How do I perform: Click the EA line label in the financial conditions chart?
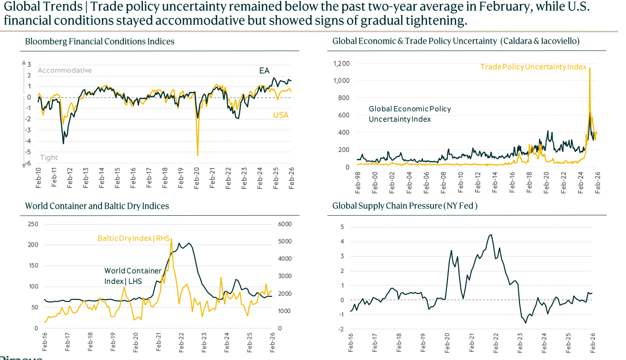coord(265,71)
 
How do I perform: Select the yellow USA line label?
coord(281,115)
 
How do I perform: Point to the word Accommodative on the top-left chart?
coord(65,70)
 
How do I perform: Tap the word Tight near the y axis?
coord(49,157)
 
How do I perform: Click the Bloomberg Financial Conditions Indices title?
coord(100,41)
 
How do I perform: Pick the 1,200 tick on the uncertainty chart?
coord(341,63)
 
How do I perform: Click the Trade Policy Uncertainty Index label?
coord(533,67)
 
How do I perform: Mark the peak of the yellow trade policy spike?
coord(590,68)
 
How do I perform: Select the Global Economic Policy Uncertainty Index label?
coord(410,114)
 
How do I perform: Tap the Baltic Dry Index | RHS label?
coord(133,238)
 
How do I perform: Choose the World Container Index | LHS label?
coord(132,276)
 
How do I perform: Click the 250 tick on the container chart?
coord(33,224)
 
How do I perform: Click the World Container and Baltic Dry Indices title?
coord(97,206)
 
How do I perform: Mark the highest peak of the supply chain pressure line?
coord(490,234)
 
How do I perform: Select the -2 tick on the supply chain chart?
coord(342,329)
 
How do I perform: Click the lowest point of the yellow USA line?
coord(198,155)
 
